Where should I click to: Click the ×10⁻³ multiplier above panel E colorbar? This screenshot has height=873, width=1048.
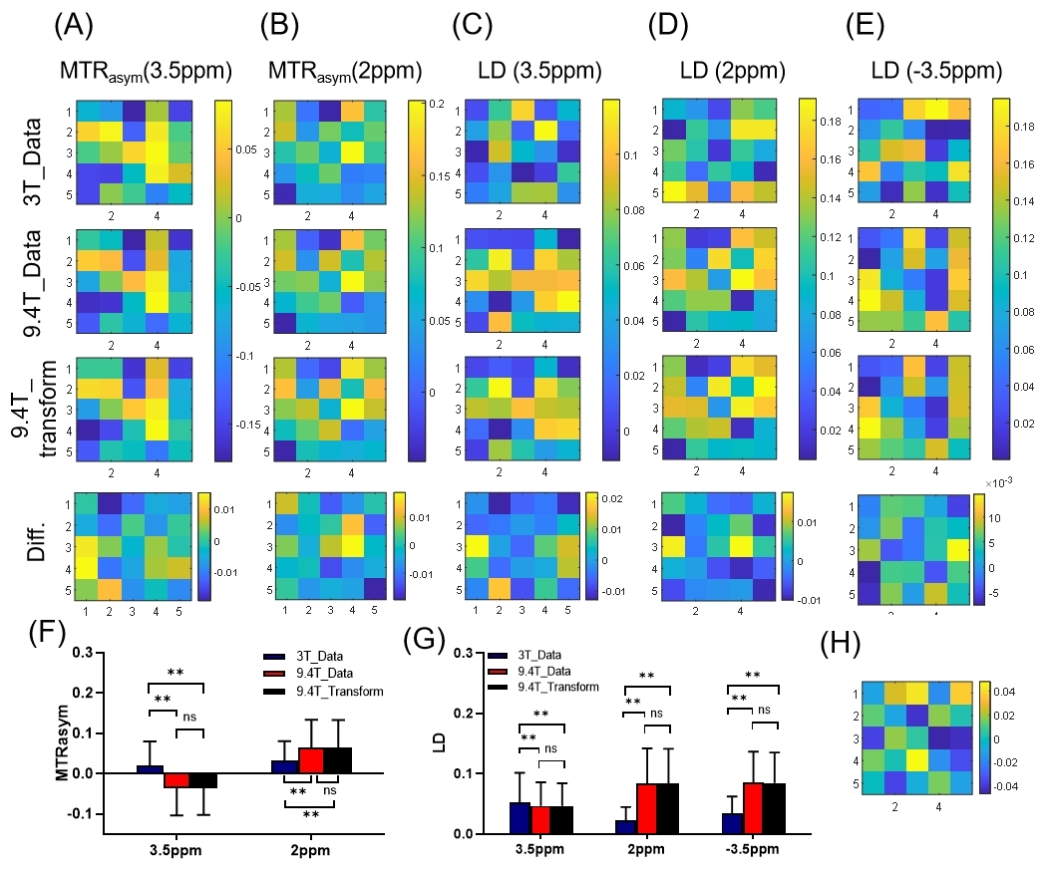click(x=1009, y=481)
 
